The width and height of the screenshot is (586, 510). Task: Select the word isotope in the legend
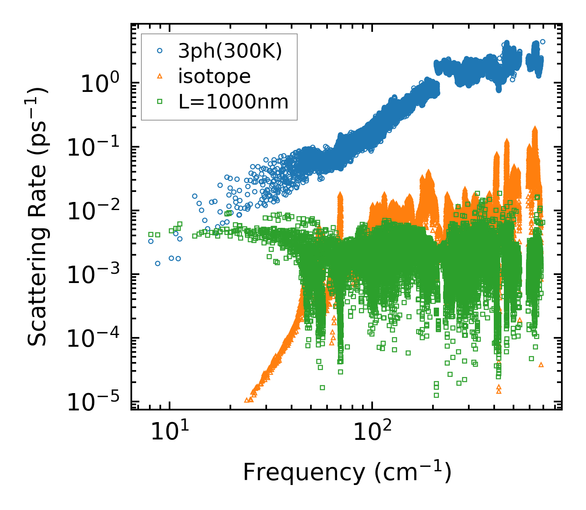point(214,76)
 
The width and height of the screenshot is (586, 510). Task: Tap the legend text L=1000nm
point(234,102)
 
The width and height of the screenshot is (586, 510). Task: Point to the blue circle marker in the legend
point(160,51)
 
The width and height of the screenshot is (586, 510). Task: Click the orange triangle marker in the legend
point(160,76)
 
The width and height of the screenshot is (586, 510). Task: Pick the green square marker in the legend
point(160,102)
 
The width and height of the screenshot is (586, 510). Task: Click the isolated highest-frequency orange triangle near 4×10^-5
point(541,364)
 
